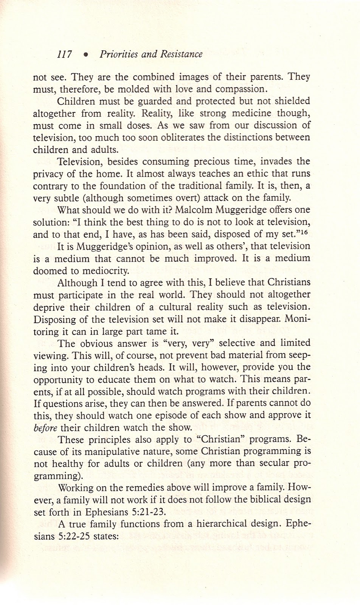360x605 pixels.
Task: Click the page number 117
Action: click(x=64, y=54)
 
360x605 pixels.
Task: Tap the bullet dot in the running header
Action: click(x=86, y=55)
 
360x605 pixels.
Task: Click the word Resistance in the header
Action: click(x=178, y=54)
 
